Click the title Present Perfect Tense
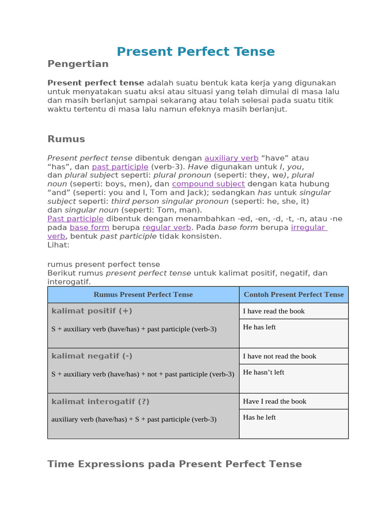click(195, 51)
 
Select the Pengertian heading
click(78, 64)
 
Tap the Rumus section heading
click(66, 139)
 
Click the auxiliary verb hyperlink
click(231, 158)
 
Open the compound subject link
click(208, 184)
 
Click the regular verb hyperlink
click(166, 227)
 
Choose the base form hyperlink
click(89, 227)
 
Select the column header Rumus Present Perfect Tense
click(143, 295)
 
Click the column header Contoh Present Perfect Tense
click(293, 295)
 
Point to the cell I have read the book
click(274, 311)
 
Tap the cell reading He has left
click(259, 327)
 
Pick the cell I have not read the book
click(279, 356)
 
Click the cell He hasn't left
click(263, 373)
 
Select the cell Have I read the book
click(275, 401)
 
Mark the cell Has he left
click(259, 417)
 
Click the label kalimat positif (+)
click(92, 311)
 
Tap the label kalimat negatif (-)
click(92, 356)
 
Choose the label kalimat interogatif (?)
click(101, 401)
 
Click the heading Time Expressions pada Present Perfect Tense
click(175, 464)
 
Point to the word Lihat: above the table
click(58, 245)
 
